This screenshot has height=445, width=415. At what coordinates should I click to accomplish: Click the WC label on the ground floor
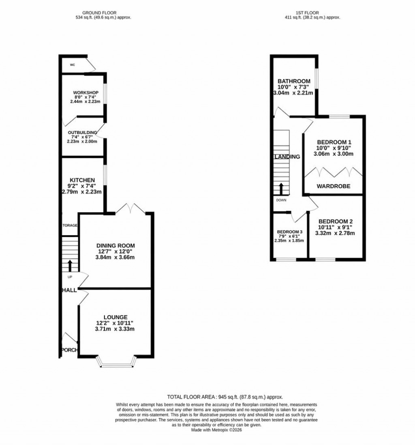pos(73,64)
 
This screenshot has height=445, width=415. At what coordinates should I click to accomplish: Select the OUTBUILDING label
pos(83,132)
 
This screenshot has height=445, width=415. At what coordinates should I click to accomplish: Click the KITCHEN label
pos(82,180)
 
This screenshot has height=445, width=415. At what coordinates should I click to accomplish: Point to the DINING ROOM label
pos(116,245)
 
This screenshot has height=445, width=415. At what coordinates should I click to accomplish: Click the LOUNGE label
pos(116,317)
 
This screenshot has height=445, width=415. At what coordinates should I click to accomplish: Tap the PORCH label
pos(69,350)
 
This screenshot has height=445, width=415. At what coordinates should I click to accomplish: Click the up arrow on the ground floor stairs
pos(70,266)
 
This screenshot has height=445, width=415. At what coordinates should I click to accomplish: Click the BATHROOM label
pos(294,81)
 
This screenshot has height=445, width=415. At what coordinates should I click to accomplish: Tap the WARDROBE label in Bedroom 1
pos(334,187)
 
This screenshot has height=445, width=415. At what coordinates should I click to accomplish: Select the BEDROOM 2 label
pos(336,221)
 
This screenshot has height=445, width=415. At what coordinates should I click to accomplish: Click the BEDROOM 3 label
pos(290,232)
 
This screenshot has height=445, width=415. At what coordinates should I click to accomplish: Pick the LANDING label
pos(287,157)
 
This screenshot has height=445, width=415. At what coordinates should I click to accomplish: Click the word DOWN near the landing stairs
pos(281,200)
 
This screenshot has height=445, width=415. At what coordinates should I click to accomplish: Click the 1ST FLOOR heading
pos(312,13)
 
